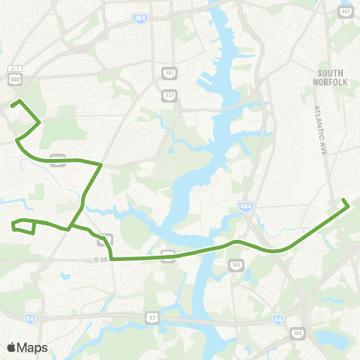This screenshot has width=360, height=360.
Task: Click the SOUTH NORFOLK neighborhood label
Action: [331, 77]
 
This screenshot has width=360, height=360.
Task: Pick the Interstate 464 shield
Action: [245, 205]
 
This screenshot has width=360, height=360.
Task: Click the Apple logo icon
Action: [12, 347]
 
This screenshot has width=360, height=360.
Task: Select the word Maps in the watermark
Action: [33, 347]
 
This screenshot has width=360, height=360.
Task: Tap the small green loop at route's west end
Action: [22, 226]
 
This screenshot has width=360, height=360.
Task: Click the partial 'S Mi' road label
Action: [101, 259]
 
